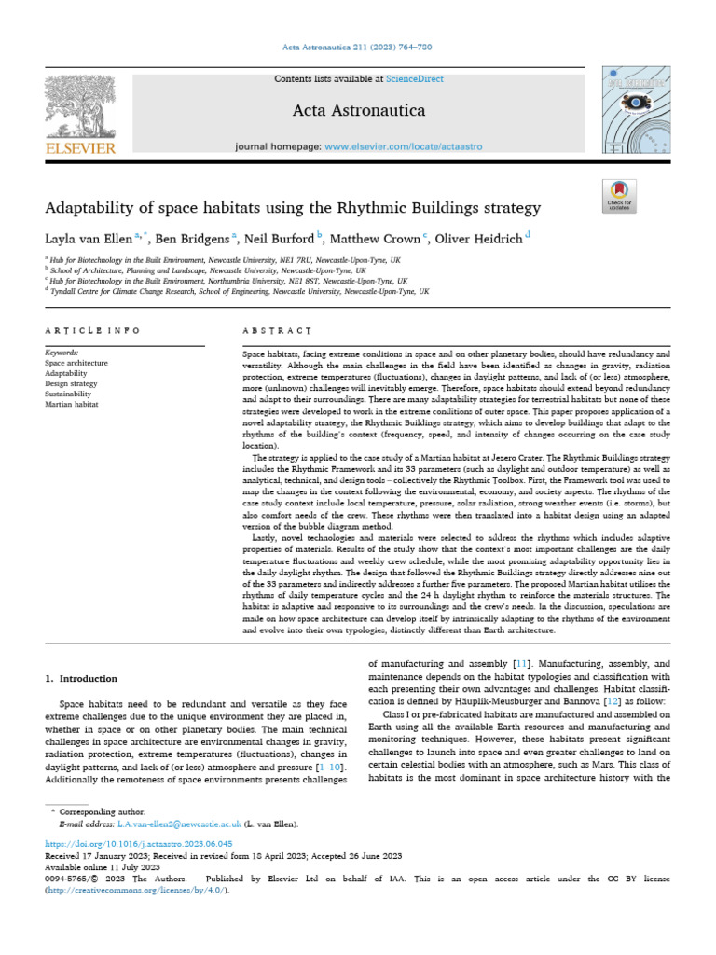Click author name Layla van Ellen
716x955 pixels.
[89, 238]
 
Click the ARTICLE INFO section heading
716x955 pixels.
[92, 331]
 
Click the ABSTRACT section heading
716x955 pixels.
[277, 331]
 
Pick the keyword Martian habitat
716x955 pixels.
[73, 404]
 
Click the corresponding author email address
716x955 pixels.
[178, 824]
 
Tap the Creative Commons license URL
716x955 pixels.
[135, 890]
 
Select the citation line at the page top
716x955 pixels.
[358, 48]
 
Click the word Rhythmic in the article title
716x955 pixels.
[387, 206]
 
